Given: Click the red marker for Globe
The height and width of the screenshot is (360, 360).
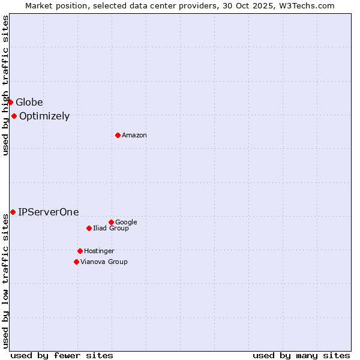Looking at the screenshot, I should [x=10, y=102].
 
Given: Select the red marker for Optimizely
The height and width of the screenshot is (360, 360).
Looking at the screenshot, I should [x=14, y=116].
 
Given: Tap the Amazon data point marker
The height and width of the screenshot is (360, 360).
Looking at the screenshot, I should [x=118, y=135].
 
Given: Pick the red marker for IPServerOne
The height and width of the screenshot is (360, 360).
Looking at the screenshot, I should [x=13, y=212].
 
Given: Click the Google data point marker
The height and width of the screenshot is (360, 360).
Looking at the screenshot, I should [x=111, y=222].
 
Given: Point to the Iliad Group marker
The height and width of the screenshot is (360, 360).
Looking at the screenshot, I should [x=89, y=228].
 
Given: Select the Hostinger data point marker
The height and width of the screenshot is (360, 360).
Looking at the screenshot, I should [x=80, y=251].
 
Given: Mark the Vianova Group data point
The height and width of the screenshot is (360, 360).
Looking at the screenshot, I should [x=76, y=262].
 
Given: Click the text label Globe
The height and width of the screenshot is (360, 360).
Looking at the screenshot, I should [x=29, y=102].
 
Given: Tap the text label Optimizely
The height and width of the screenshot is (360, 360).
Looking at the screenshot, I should [x=44, y=116].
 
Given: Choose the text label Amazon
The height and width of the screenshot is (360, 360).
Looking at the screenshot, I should [x=134, y=136].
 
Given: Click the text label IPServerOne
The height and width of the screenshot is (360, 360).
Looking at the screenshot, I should [x=49, y=212].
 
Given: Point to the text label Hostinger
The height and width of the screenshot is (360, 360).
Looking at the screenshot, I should [x=99, y=251].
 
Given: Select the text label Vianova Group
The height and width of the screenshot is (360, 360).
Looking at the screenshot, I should [x=104, y=262].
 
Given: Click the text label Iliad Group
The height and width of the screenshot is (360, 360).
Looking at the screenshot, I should [x=111, y=229].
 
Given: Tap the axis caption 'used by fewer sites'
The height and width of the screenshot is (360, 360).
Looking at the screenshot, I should [x=62, y=355].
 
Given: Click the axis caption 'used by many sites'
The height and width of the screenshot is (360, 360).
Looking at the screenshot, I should [x=301, y=355].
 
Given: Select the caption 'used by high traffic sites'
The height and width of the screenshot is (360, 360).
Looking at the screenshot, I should [x=5, y=85].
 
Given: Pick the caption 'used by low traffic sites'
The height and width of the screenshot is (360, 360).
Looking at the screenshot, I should [x=5, y=281].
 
